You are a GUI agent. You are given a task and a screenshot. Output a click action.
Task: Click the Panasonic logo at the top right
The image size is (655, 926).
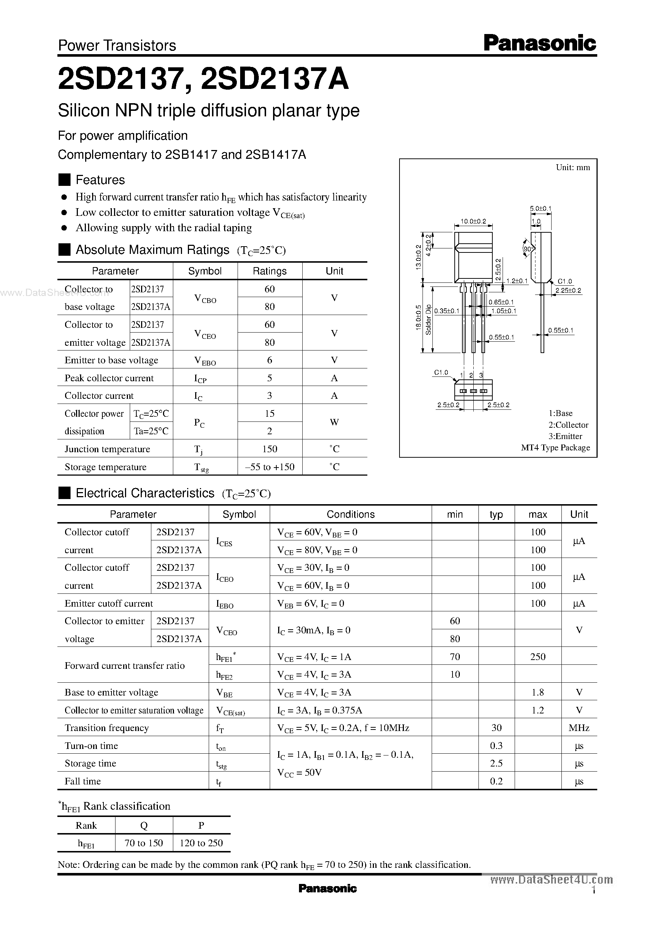[539, 43]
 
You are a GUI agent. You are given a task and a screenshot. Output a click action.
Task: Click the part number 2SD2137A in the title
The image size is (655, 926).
[274, 79]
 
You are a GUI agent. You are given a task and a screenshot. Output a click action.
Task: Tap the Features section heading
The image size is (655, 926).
[100, 180]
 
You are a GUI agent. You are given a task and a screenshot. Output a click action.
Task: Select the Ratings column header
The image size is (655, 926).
[269, 271]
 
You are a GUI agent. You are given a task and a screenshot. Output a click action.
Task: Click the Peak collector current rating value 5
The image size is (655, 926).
[269, 378]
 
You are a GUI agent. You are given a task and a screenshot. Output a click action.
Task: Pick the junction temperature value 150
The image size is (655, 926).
[269, 449]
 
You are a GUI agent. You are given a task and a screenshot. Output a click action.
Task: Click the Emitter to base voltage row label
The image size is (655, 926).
[111, 360]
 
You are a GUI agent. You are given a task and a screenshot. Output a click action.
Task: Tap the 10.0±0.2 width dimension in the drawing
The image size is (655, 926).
[473, 221]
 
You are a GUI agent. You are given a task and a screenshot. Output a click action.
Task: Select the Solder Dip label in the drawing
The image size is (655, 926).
[428, 320]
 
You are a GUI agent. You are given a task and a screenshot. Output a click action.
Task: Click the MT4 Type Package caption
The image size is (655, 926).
[555, 447]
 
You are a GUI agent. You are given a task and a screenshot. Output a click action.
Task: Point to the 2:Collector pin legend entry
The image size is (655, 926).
[568, 425]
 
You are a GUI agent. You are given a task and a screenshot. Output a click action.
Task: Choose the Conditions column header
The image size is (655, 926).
[351, 514]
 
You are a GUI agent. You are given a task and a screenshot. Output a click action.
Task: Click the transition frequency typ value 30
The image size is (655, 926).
[496, 727]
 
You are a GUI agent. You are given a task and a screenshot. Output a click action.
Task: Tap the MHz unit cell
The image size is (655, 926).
[579, 727]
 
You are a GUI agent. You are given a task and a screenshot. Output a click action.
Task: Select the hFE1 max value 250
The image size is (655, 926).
[538, 656]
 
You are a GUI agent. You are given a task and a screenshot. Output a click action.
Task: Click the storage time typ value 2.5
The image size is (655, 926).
[496, 763]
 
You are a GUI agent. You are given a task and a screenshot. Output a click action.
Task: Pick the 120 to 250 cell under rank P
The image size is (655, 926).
[201, 843]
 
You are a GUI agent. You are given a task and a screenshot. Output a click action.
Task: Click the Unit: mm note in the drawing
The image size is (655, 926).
[573, 168]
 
